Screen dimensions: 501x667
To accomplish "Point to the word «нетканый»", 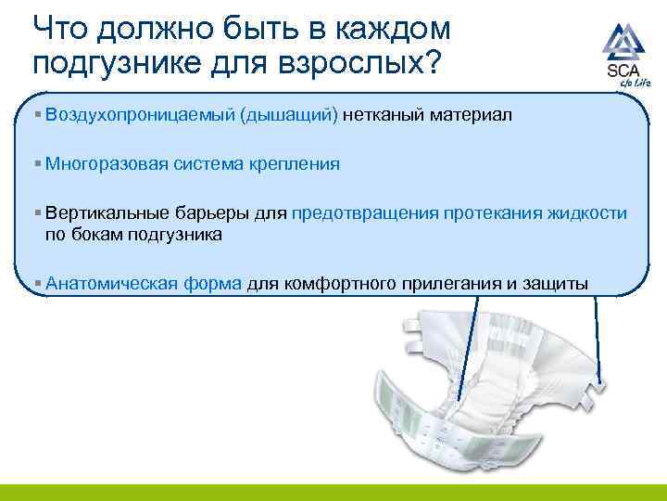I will [382, 116].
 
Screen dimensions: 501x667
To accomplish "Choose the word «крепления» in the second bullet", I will [299, 164].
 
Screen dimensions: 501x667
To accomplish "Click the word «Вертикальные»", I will [102, 213].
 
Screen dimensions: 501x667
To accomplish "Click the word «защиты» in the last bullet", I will [555, 283].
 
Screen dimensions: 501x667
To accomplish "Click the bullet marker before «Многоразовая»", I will [37, 164].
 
